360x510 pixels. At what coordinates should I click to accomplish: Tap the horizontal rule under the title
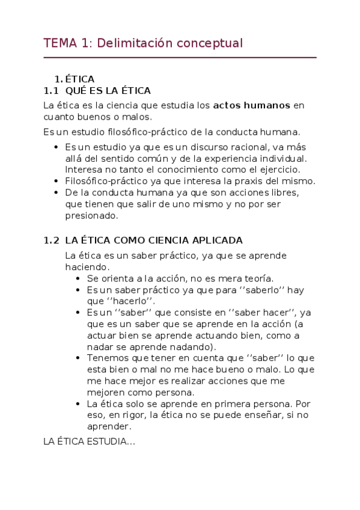click(180, 58)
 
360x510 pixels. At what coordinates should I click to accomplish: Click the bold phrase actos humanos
click(252, 105)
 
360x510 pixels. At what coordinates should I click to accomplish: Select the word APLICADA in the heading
click(220, 240)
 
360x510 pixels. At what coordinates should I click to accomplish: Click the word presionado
click(91, 215)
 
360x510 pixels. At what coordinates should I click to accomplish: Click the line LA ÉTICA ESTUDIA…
click(90, 441)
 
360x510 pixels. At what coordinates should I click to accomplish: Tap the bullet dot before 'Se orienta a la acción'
click(79, 278)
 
